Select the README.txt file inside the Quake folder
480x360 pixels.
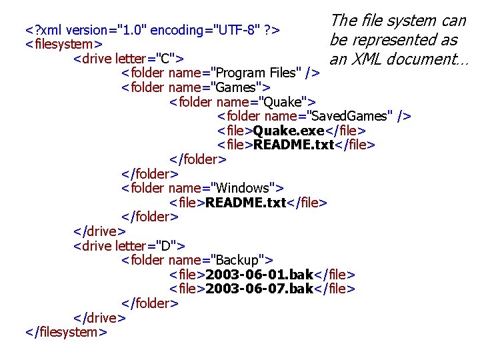click(x=298, y=145)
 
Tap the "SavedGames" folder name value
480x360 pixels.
click(x=347, y=117)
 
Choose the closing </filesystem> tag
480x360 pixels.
click(x=66, y=332)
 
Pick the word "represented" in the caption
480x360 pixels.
click(x=393, y=40)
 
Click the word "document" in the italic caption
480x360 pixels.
click(x=428, y=59)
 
